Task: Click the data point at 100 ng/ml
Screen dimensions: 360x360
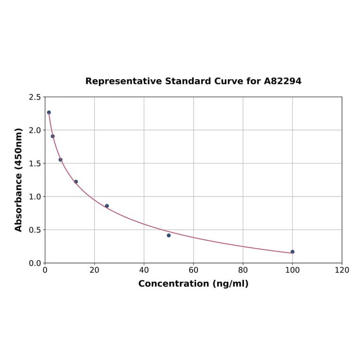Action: (292, 252)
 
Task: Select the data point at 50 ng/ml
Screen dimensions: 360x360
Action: (169, 235)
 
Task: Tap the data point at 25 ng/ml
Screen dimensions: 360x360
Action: (107, 206)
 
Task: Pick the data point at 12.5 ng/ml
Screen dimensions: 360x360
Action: (76, 181)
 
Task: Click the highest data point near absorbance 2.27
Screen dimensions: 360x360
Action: (49, 112)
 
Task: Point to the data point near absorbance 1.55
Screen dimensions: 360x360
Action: (60, 160)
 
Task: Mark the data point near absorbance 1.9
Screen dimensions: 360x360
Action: (53, 136)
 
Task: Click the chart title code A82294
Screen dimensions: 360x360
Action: (282, 81)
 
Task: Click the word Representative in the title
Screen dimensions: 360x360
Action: (124, 81)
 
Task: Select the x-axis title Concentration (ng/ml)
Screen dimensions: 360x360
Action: (193, 284)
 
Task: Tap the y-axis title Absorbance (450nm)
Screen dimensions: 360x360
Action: (19, 180)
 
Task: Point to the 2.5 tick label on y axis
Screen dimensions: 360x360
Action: (35, 97)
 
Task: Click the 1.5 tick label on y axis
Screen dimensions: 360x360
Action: (35, 164)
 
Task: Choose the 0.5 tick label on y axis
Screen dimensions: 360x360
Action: (35, 230)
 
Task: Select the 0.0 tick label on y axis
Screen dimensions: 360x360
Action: (35, 263)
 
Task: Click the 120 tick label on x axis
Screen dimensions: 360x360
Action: (342, 270)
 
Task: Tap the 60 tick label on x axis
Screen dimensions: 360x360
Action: (193, 270)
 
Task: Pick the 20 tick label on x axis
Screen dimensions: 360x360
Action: (94, 270)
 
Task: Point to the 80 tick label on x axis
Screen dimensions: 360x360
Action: (243, 270)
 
